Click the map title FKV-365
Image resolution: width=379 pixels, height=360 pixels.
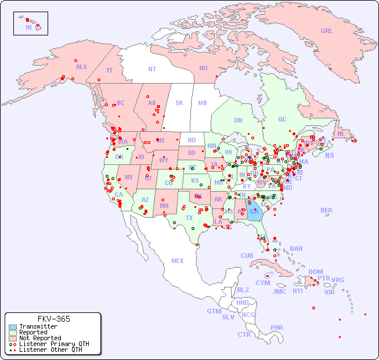pyautogui.click(x=53, y=319)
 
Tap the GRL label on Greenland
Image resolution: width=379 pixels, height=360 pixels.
pyautogui.click(x=327, y=31)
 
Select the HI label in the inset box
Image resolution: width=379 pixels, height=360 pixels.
pyautogui.click(x=28, y=27)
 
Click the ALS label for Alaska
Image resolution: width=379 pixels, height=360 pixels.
pyautogui.click(x=81, y=67)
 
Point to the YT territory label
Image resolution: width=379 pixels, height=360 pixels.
pyautogui.click(x=109, y=70)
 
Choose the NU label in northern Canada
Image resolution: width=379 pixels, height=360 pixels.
pyautogui.click(x=203, y=68)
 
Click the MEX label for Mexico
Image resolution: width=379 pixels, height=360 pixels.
pyautogui.click(x=178, y=261)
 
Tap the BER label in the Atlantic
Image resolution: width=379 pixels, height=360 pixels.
pyautogui.click(x=327, y=210)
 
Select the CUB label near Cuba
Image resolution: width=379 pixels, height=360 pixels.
pyautogui.click(x=247, y=255)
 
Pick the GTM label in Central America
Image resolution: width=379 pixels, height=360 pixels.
pyautogui.click(x=214, y=311)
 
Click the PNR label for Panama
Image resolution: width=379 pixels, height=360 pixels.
pyautogui.click(x=277, y=327)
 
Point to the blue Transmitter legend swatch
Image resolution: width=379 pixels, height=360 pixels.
pyautogui.click(x=12, y=327)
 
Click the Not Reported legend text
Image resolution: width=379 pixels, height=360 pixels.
pyautogui.click(x=40, y=338)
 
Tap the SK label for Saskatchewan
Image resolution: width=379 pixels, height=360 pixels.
pyautogui.click(x=179, y=103)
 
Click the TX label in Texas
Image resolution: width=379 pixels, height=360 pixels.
pyautogui.click(x=189, y=218)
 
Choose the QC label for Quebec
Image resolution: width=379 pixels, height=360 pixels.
pyautogui.click(x=282, y=119)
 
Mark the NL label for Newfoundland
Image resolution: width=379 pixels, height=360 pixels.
pyautogui.click(x=341, y=133)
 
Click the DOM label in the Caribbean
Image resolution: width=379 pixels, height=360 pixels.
pyautogui.click(x=315, y=272)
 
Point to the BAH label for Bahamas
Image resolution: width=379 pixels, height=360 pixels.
pyautogui.click(x=296, y=249)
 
